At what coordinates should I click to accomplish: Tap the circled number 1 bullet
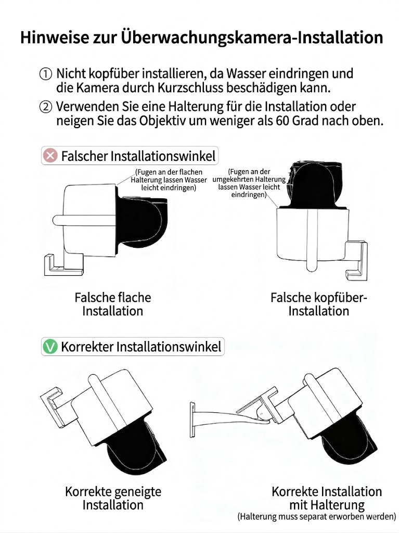46,74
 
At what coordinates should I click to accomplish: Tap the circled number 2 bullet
46,108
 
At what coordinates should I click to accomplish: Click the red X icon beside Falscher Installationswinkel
50,156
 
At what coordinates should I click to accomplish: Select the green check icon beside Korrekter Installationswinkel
50,347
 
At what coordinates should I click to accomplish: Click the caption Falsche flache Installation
112,304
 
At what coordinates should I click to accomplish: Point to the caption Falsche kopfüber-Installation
318,304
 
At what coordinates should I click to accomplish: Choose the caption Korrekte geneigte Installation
112,498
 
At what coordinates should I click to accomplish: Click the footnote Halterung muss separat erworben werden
316,517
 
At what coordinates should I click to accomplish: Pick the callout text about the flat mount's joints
169,180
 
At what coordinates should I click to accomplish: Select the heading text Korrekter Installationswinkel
141,347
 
